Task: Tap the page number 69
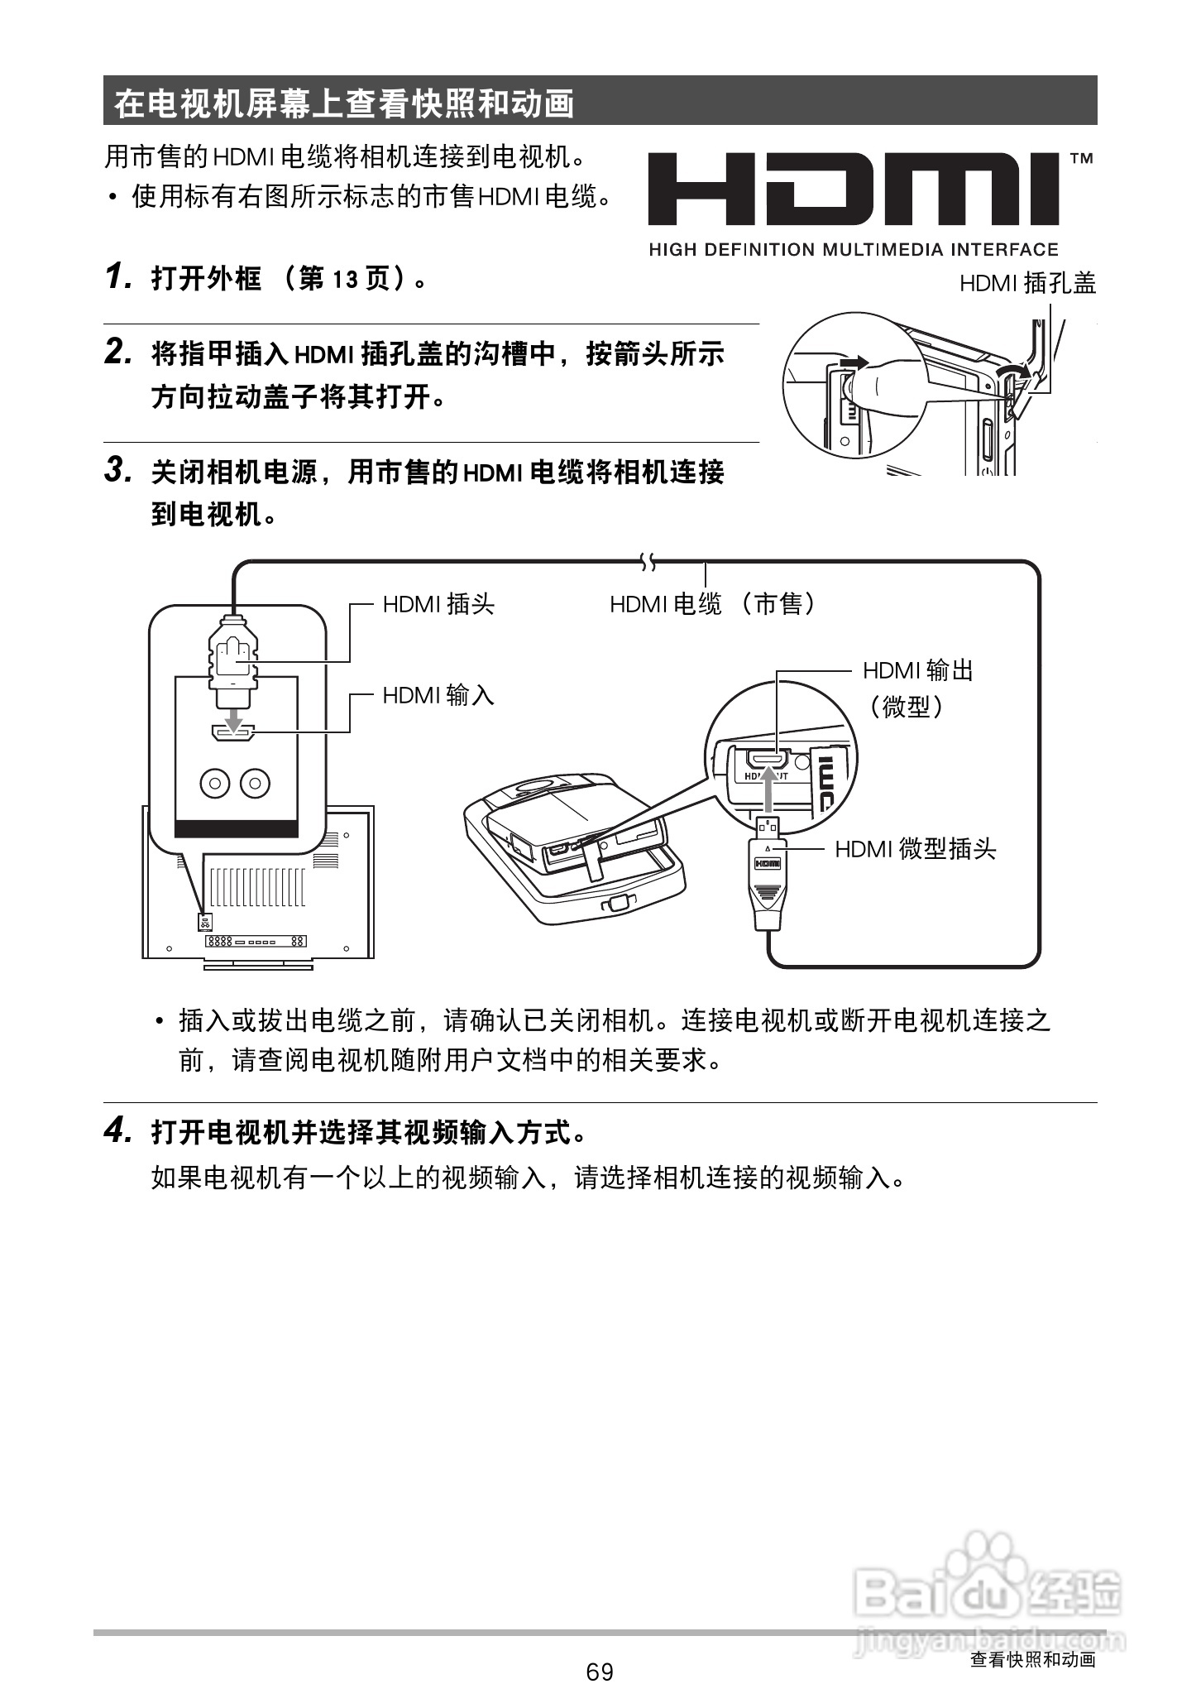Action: pyautogui.click(x=600, y=1672)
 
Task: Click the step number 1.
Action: pyautogui.click(x=117, y=278)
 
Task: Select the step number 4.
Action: pyautogui.click(x=117, y=1130)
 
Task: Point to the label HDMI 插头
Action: pyautogui.click(x=438, y=604)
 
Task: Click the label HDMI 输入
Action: pyautogui.click(x=438, y=695)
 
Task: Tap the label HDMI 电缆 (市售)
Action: pyautogui.click(x=713, y=604)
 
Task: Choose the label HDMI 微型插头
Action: pyautogui.click(x=915, y=849)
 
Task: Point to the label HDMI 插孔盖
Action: pyautogui.click(x=1027, y=284)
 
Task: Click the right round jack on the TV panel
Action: pyautogui.click(x=255, y=783)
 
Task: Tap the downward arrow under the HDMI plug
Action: pyautogui.click(x=235, y=717)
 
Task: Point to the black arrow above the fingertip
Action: pyautogui.click(x=852, y=362)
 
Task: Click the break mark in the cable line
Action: pyautogui.click(x=648, y=564)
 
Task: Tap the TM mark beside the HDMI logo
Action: pyautogui.click(x=1081, y=158)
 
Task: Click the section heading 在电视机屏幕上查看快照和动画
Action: pyautogui.click(x=344, y=103)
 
